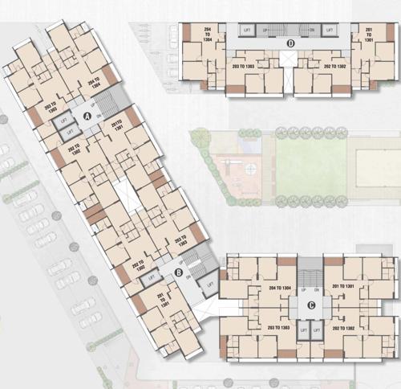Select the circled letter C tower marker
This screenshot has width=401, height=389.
coord(310,304)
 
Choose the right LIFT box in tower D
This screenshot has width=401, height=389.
coord(330,29)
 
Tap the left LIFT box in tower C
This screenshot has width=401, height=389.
coord(303,330)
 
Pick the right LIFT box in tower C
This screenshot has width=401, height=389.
coord(318,330)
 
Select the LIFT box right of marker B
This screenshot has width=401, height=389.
coord(210,282)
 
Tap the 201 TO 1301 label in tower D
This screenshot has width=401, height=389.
coord(369,35)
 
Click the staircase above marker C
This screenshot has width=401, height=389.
coord(310,268)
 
